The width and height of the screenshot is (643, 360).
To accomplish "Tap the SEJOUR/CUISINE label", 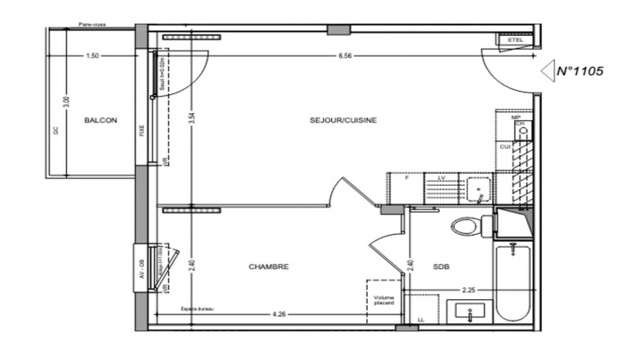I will point(343,120).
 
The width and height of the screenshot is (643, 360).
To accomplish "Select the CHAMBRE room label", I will point(268,267).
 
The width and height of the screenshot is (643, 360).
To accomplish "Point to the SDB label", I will point(442,267).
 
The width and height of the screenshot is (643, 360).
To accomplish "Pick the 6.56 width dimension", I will point(346,56).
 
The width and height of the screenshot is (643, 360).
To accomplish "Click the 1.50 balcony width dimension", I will point(93,56).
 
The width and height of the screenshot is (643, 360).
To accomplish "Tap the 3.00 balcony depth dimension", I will point(66,102).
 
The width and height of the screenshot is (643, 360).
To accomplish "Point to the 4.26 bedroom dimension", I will point(279,315).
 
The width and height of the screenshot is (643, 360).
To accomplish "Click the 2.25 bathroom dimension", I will point(467,290).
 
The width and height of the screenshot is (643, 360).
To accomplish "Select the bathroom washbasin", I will point(472,311).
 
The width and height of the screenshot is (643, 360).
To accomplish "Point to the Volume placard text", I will point(383,302).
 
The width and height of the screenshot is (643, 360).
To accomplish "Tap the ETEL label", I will point(515,39).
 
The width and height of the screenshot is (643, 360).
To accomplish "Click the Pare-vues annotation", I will point(91,26).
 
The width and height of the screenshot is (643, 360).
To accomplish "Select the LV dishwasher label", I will point(442,177).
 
